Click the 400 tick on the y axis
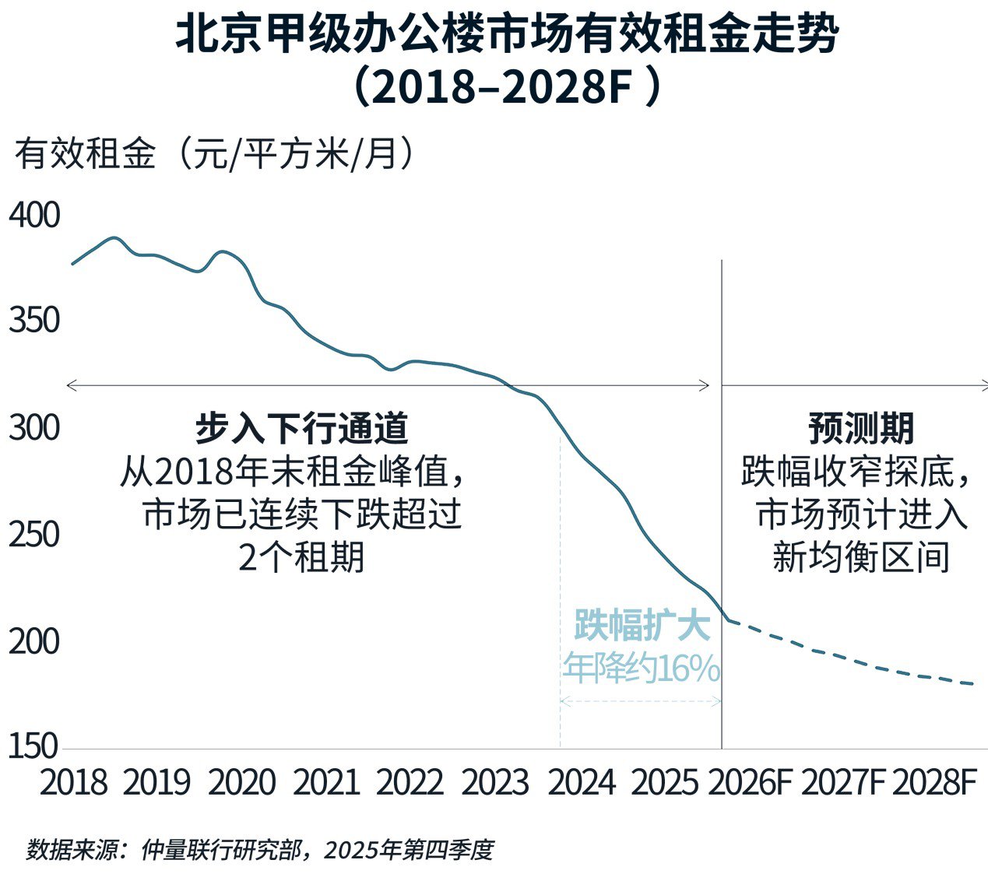33,216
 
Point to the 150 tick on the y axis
33,746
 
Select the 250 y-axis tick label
33,535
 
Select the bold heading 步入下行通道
301,428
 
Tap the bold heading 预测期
860,428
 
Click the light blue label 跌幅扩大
642,626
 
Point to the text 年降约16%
642,669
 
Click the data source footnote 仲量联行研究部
221,850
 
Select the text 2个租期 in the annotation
301,557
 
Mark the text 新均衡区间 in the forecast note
860,557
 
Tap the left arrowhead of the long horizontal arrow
70,385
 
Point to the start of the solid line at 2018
72,264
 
